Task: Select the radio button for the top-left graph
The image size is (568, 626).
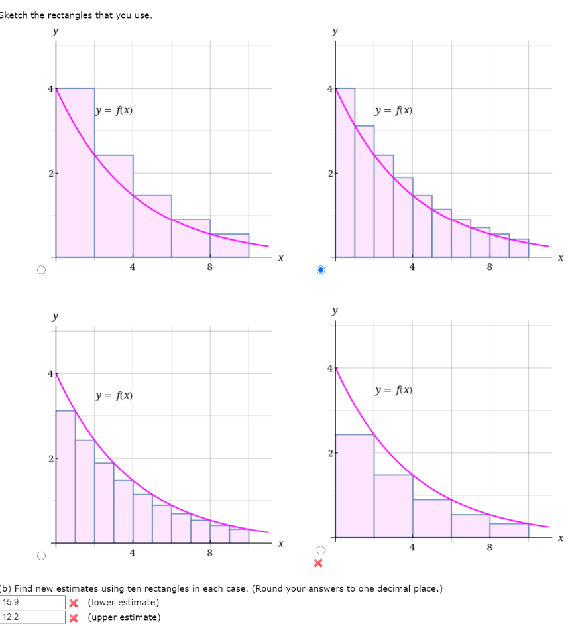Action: tap(42, 270)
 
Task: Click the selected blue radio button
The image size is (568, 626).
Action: tap(321, 270)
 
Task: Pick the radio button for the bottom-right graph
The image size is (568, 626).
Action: tap(321, 550)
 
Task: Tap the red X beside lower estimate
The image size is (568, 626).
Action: tap(74, 603)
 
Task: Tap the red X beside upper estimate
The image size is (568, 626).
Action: tap(74, 617)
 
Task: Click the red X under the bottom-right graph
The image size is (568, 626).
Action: tap(317, 564)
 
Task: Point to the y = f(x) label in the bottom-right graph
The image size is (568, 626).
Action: tap(394, 391)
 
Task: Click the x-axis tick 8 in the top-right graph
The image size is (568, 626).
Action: tap(489, 267)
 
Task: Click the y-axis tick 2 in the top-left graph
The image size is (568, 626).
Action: tap(50, 174)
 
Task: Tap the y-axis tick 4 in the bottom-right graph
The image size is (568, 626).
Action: tap(329, 368)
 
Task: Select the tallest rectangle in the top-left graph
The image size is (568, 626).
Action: tap(75, 172)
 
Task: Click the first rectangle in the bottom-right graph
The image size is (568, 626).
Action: tap(355, 485)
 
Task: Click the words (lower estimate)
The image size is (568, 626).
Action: tap(123, 603)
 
